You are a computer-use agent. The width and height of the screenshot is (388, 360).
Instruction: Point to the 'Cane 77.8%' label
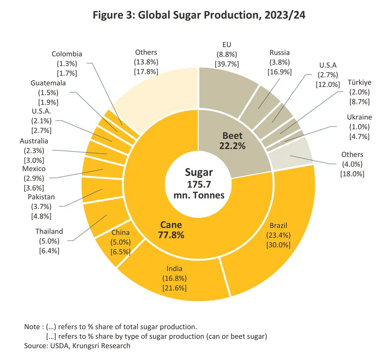171,229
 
